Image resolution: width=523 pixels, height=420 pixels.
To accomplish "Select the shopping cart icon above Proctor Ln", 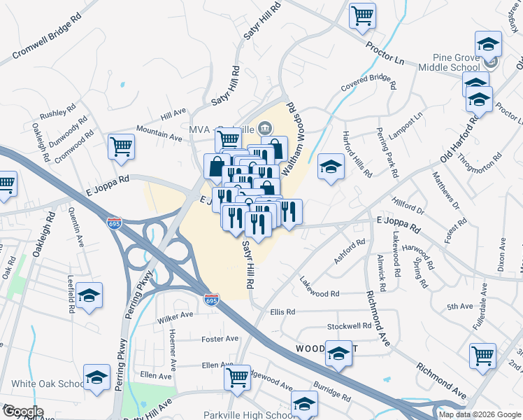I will click(363, 15).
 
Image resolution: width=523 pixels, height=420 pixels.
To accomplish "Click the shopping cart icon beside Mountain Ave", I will click(121, 147).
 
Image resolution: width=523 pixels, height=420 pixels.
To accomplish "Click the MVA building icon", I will click(266, 128).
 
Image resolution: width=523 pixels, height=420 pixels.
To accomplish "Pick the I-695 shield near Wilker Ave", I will click(212, 300).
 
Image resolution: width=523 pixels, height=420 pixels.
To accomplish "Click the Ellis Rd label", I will click(282, 311).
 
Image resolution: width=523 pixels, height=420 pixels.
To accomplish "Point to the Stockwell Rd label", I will click(349, 327).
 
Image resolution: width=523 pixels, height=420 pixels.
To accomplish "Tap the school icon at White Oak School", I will click(96, 377).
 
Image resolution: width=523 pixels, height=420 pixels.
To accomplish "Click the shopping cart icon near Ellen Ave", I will click(237, 377).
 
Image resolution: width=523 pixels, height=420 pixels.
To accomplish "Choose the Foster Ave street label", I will click(220, 339).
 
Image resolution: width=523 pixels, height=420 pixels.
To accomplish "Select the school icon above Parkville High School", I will click(304, 404).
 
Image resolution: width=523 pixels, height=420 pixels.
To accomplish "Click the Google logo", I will click(22, 412).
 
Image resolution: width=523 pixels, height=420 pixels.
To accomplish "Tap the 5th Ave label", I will click(460, 307).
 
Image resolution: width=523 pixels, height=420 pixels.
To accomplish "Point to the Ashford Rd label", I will click(350, 252).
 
